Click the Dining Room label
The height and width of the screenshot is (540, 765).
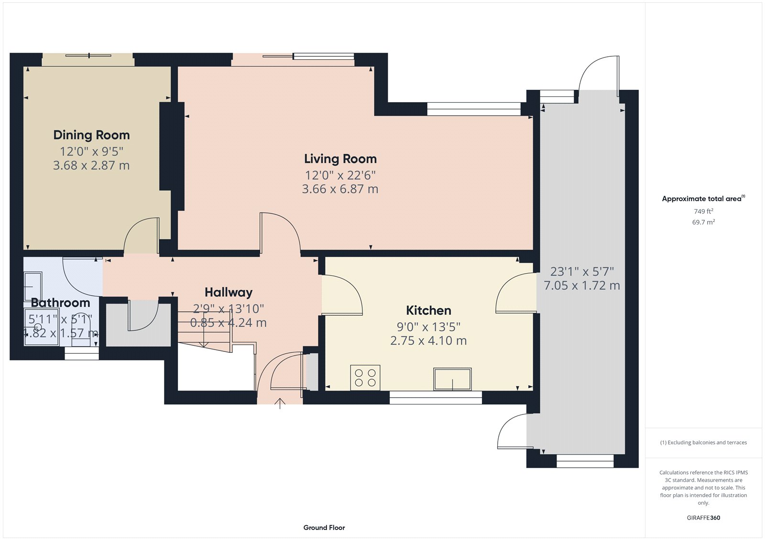[x=91, y=135]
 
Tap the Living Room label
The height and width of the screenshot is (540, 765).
[x=340, y=159]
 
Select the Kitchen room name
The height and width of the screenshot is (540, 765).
[x=428, y=310]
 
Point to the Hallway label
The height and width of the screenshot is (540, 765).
[x=229, y=292]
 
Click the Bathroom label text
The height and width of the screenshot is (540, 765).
[x=60, y=303]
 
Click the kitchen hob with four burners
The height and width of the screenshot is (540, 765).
[x=365, y=378]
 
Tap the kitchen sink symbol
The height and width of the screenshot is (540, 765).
[x=452, y=379]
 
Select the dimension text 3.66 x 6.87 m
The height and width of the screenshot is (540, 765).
[x=340, y=189]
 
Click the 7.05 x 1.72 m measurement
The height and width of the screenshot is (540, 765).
[x=582, y=286]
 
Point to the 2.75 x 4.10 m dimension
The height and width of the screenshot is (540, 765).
[x=428, y=340]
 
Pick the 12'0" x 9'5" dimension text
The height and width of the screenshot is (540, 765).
[x=91, y=151]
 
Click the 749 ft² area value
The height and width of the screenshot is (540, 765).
[x=703, y=212]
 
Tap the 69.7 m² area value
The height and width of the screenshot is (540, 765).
[x=703, y=222]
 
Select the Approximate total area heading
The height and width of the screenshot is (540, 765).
[x=703, y=199]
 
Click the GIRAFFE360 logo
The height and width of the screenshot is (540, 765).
[x=703, y=518]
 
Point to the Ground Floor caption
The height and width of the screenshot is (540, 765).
[x=324, y=528]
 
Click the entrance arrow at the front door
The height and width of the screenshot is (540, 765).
[x=280, y=403]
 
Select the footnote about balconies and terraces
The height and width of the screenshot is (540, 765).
[x=703, y=443]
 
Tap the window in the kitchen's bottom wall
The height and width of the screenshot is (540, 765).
[x=436, y=397]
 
